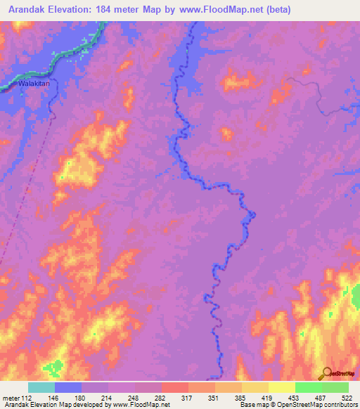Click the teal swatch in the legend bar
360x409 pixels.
click(41, 387)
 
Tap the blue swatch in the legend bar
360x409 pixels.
click(68, 387)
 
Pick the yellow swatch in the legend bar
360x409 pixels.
click(281, 387)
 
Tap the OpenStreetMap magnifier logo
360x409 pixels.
click(325, 374)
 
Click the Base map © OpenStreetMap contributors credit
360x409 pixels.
click(297, 405)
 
